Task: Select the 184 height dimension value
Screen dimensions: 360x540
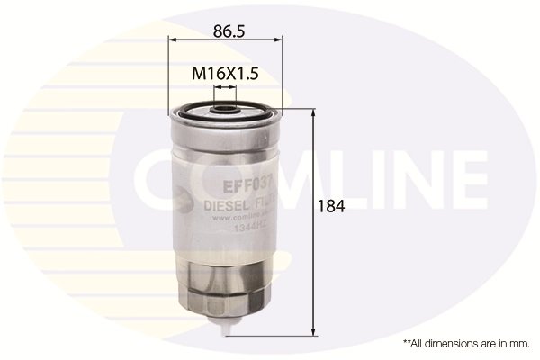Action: (332, 206)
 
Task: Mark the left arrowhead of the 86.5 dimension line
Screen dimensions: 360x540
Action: (173, 40)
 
